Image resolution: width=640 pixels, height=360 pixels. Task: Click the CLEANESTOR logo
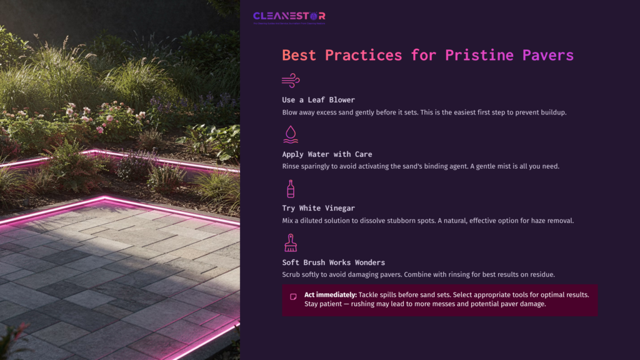point(289,16)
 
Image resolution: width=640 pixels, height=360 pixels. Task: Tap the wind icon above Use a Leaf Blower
point(291,80)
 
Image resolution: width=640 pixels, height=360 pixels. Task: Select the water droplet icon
point(291,134)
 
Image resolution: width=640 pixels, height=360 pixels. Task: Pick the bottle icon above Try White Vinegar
point(291,189)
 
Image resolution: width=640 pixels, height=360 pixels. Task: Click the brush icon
point(291,242)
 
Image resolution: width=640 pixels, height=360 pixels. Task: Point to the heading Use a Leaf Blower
point(319,100)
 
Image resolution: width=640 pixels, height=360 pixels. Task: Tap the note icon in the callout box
point(293,297)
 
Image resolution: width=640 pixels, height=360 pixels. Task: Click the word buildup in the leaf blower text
point(551,112)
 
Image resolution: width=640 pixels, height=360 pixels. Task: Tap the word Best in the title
point(300,55)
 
